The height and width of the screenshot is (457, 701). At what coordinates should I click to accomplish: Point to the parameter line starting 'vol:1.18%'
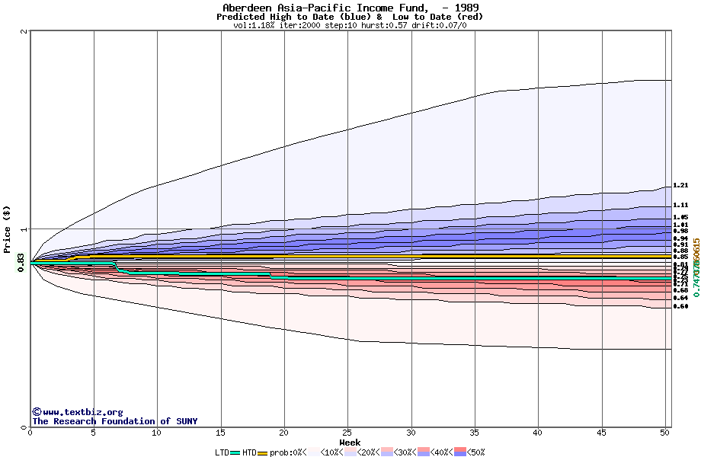350,25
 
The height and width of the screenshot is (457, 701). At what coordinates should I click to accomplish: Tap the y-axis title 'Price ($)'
7,228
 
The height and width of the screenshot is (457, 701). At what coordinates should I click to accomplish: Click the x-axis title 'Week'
350,443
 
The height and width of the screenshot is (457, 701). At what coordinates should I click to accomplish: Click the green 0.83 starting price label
21,263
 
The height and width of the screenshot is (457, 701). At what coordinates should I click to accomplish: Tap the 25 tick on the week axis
347,433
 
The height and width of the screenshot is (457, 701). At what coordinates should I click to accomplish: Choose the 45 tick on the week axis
602,433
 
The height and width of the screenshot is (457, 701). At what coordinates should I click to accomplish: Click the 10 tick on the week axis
157,433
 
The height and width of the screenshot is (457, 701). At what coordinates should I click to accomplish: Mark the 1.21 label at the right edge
680,185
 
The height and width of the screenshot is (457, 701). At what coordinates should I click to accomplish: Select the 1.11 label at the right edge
680,205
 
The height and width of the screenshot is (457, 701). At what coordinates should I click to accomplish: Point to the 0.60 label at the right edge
680,306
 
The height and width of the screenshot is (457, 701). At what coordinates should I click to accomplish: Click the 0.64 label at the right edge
680,298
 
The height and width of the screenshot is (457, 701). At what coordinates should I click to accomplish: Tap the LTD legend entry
222,452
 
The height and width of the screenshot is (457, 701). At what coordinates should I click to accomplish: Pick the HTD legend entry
249,452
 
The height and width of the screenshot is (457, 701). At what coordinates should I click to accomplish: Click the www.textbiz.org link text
82,412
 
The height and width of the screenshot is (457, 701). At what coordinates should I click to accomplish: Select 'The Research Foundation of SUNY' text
114,421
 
